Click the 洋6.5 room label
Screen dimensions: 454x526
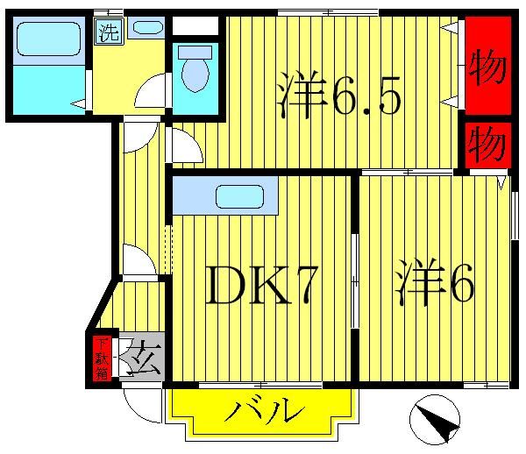click(x=339, y=98)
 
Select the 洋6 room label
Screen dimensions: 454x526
click(x=435, y=286)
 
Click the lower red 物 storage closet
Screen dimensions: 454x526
click(x=487, y=145)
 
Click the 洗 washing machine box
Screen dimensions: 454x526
click(x=108, y=34)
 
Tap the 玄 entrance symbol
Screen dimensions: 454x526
click(x=140, y=359)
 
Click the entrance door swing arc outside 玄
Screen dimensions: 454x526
click(x=140, y=401)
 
